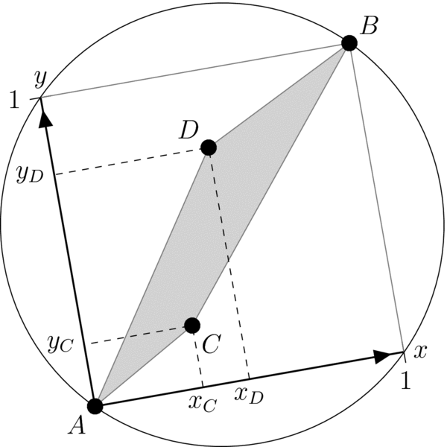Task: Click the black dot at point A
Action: (95, 406)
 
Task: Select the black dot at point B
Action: (349, 43)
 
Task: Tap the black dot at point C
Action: (192, 325)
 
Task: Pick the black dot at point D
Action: (209, 148)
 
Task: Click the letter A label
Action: (76, 425)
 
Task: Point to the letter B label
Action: (369, 27)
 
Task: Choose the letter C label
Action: (211, 343)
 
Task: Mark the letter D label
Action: (187, 130)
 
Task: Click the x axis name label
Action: (420, 352)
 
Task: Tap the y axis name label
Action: (40, 79)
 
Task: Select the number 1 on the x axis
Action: (406, 381)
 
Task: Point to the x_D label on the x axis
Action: (248, 396)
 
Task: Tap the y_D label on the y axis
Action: (31, 174)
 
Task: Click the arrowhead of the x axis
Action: (382, 356)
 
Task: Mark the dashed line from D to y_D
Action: (130, 161)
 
